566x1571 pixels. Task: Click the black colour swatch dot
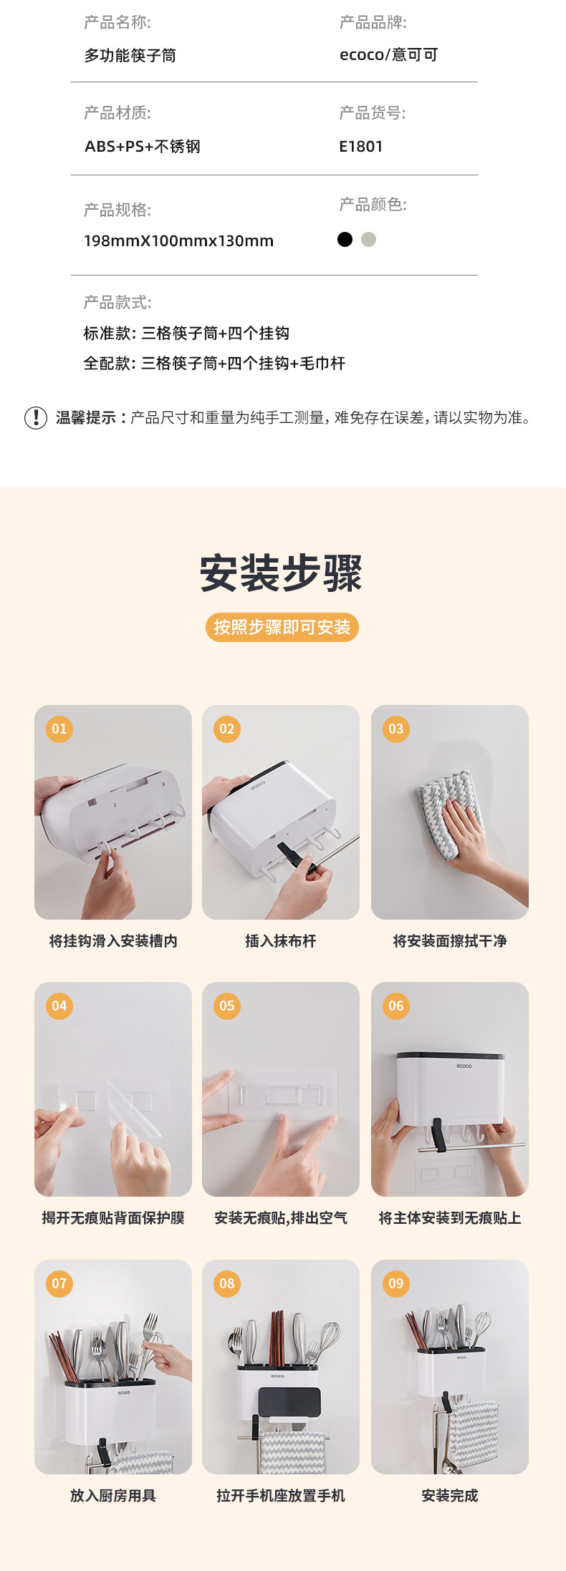pyautogui.click(x=345, y=239)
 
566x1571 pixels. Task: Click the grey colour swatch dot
pyautogui.click(x=368, y=239)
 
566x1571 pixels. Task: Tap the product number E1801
pyautogui.click(x=360, y=147)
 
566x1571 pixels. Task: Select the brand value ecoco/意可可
pyautogui.click(x=388, y=55)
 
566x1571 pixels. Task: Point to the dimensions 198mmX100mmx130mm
pyautogui.click(x=178, y=241)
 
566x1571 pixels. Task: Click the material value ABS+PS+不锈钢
pyautogui.click(x=142, y=147)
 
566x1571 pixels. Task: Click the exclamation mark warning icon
pyautogui.click(x=36, y=417)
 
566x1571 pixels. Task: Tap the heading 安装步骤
pyautogui.click(x=282, y=573)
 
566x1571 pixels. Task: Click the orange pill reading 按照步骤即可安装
pyautogui.click(x=282, y=628)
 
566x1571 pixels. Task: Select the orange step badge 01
pyautogui.click(x=59, y=729)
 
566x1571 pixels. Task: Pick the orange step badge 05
pyautogui.click(x=227, y=1006)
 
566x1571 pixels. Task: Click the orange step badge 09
pyautogui.click(x=396, y=1283)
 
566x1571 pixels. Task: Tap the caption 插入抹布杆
pyautogui.click(x=281, y=941)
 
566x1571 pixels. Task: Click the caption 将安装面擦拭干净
pyautogui.click(x=450, y=941)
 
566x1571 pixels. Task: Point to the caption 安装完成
pyautogui.click(x=450, y=1495)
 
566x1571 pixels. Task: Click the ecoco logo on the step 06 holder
pyautogui.click(x=464, y=1066)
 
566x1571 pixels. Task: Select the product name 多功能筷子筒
pyautogui.click(x=130, y=56)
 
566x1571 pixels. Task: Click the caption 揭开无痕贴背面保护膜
pyautogui.click(x=113, y=1217)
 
